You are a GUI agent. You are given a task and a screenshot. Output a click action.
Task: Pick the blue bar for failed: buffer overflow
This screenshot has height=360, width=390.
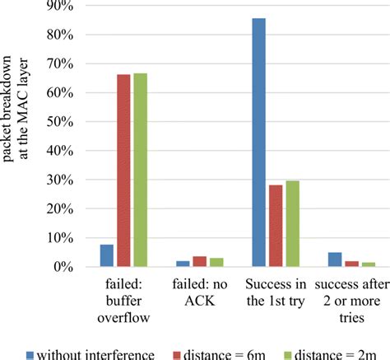(107, 256)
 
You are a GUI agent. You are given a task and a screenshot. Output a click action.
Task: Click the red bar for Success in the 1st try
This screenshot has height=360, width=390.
(276, 226)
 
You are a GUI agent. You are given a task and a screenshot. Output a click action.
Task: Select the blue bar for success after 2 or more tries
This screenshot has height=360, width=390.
(335, 259)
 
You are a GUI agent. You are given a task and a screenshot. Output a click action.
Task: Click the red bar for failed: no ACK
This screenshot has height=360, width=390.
(198, 262)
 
